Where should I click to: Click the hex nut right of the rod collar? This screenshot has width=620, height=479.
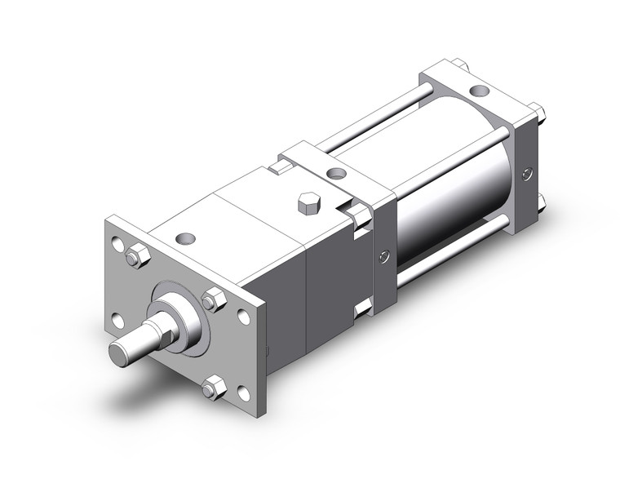point(215,299)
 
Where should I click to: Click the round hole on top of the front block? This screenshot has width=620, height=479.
point(187,238)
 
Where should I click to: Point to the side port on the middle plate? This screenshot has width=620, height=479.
point(385,259)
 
